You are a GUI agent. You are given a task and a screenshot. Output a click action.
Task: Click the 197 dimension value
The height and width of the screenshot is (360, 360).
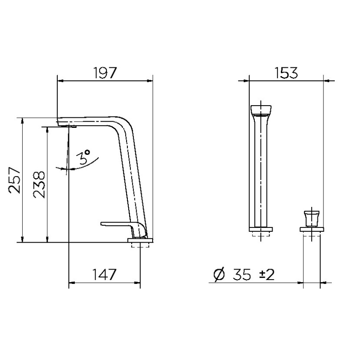(x=105, y=73)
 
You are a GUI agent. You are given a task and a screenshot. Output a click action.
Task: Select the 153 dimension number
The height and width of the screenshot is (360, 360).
(x=286, y=73)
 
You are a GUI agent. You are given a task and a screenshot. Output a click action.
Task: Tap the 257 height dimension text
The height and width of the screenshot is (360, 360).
(x=14, y=180)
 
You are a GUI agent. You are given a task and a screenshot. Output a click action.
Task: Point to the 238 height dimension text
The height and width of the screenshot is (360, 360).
(x=39, y=185)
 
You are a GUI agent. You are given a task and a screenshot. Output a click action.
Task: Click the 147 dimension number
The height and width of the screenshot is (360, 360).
(x=104, y=274)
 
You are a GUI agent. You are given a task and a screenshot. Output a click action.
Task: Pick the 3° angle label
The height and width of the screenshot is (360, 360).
(x=84, y=157)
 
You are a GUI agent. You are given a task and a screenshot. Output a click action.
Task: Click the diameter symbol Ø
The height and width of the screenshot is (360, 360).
(x=219, y=275)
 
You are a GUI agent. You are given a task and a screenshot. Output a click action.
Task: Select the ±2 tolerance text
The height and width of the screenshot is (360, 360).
(x=267, y=275)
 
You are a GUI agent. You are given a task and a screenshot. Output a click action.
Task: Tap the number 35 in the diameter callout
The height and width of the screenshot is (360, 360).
(x=242, y=275)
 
